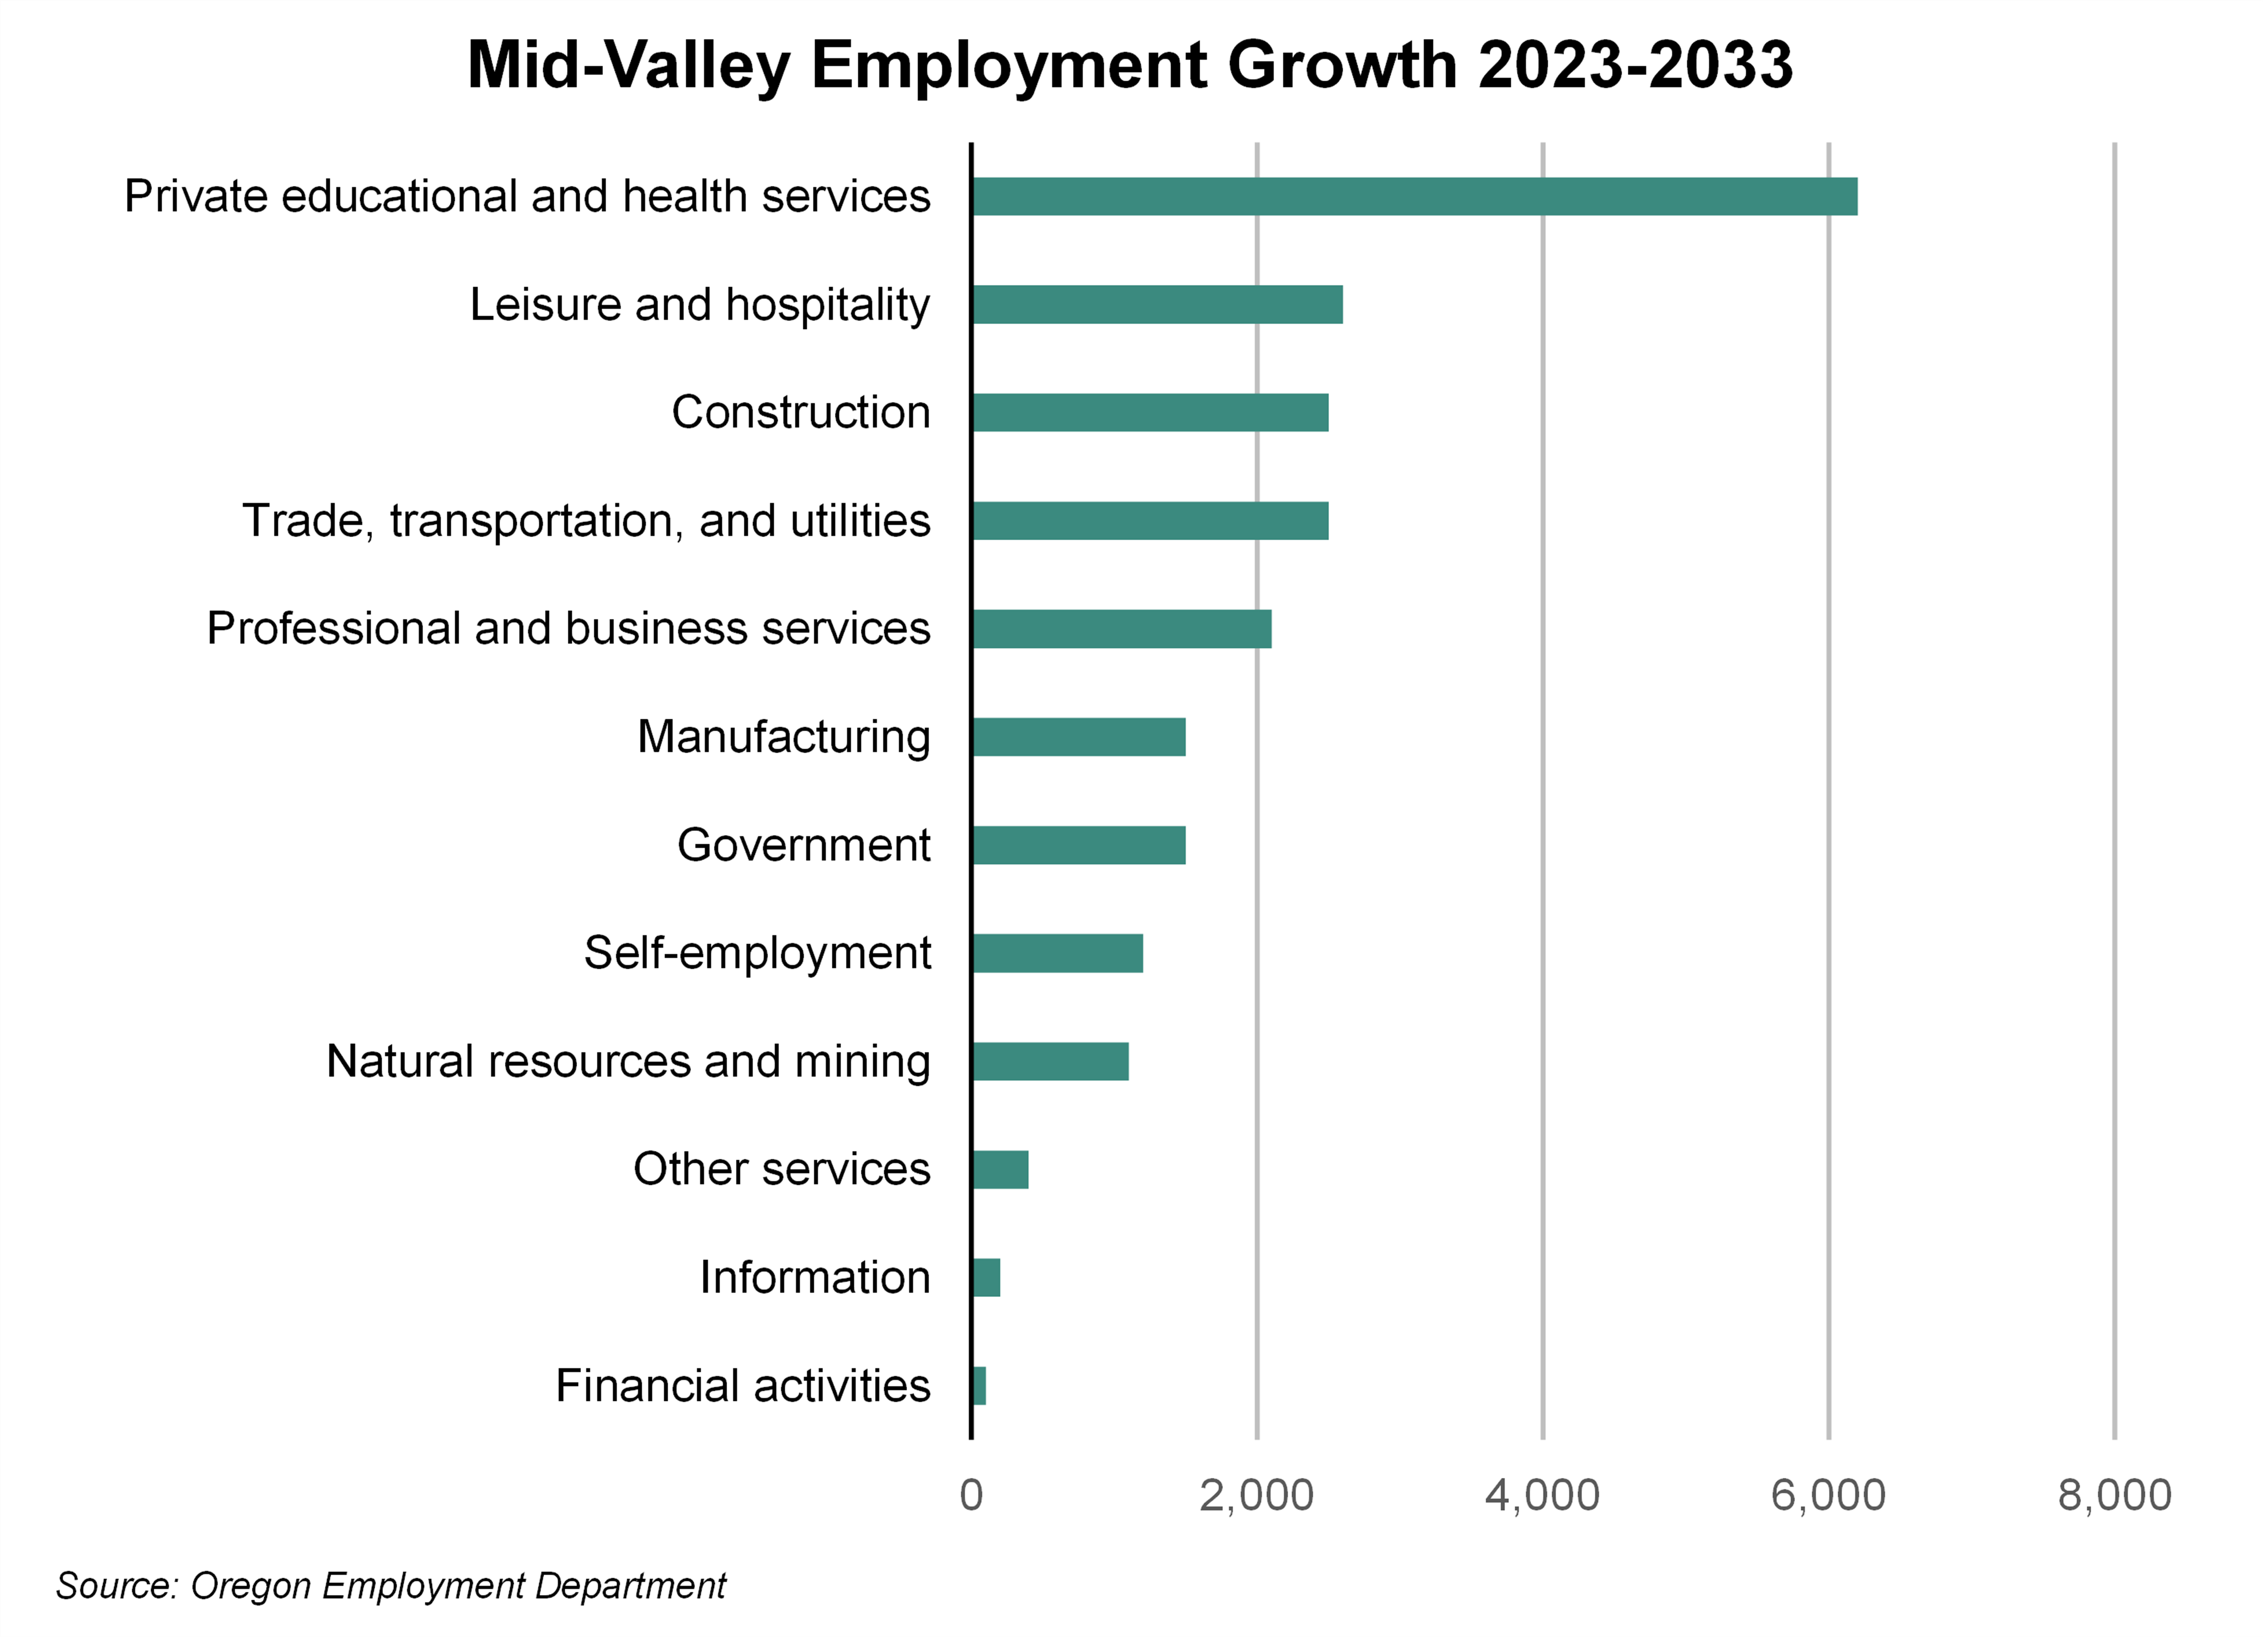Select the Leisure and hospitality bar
[x=1158, y=304]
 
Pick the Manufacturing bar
[x=1079, y=737]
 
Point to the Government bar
[x=1079, y=844]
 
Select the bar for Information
[x=986, y=1278]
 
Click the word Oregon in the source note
[x=250, y=1585]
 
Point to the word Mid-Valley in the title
[x=629, y=66]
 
